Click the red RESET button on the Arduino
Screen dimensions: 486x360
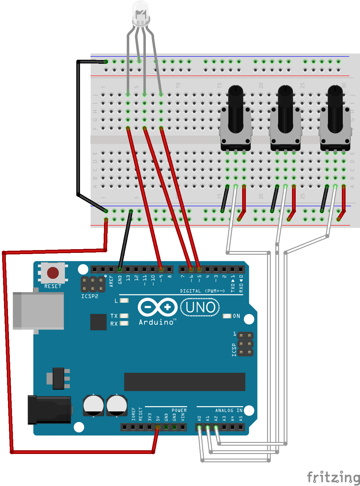[53, 273]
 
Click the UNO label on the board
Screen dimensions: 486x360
[200, 307]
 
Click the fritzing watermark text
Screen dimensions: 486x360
[333, 477]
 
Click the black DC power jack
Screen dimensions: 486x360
[49, 410]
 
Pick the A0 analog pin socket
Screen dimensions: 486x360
[199, 427]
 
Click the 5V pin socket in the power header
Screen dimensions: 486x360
[158, 427]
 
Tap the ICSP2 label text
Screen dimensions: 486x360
[90, 296]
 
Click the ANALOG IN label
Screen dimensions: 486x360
[229, 410]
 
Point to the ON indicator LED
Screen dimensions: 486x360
[227, 316]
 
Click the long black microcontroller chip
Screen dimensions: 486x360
[184, 382]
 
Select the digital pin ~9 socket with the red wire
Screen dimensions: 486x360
[161, 269]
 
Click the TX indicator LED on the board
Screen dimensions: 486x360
[124, 316]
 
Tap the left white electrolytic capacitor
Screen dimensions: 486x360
[93, 405]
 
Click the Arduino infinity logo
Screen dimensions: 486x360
[158, 307]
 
